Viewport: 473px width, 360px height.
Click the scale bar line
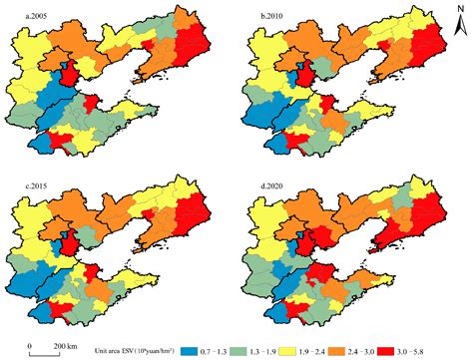coord(45,349)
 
